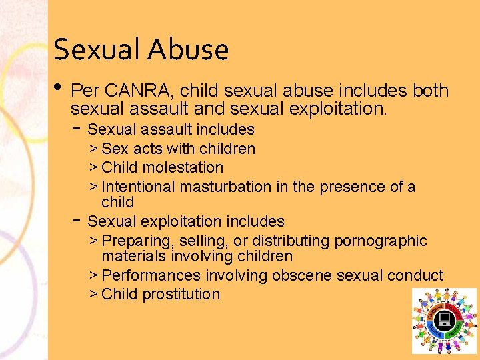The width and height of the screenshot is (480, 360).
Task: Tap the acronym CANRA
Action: click(x=135, y=91)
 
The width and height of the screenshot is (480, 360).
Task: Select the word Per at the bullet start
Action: click(x=85, y=91)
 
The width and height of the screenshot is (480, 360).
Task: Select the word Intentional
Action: click(x=138, y=187)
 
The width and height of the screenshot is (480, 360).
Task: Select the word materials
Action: click(x=133, y=256)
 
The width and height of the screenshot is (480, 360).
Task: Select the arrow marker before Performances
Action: click(x=93, y=275)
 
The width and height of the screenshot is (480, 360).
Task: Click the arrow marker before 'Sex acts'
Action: click(x=93, y=149)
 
